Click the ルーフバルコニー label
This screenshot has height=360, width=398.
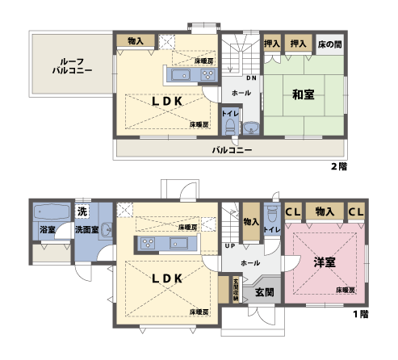tap(72, 65)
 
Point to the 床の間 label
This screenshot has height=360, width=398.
tap(329, 43)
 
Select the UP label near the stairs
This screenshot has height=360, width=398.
tap(231, 245)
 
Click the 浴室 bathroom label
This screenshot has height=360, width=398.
tap(47, 230)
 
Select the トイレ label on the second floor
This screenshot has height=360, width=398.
tap(229, 115)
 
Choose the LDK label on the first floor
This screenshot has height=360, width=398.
tap(166, 277)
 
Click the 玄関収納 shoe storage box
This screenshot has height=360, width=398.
tap(236, 288)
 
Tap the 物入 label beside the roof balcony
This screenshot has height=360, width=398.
tap(136, 41)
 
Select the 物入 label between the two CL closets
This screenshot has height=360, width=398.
tap(325, 211)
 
